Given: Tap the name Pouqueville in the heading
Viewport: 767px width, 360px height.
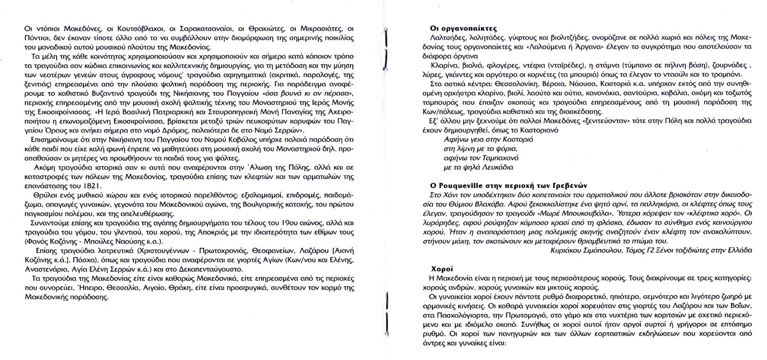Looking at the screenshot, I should [x=458, y=186].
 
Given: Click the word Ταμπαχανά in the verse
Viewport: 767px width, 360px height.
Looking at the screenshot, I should [x=498, y=158].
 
